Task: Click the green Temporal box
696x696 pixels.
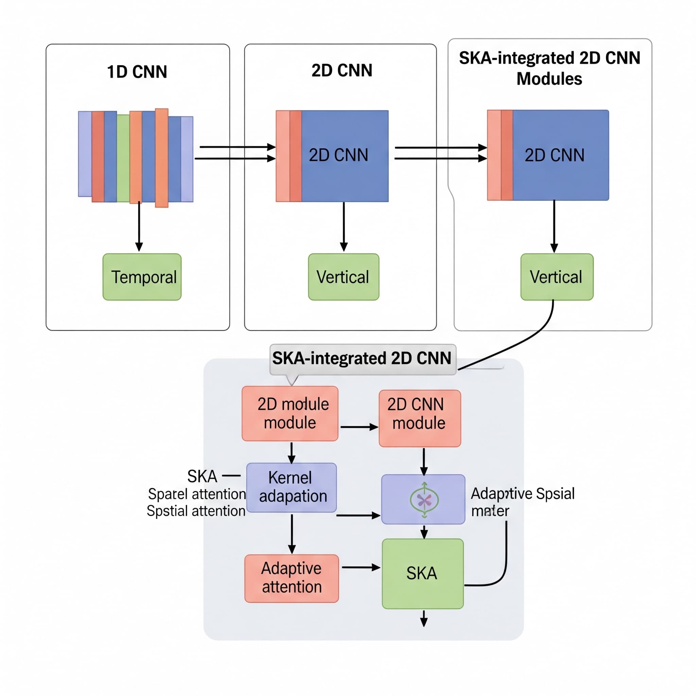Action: [x=142, y=277]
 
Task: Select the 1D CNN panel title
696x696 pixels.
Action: [x=137, y=72]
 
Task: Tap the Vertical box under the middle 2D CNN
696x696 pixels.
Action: [x=343, y=277]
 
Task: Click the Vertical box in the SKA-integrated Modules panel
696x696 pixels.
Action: [x=557, y=277]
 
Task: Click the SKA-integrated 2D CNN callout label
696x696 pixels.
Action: [x=362, y=359]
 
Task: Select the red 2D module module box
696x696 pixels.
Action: [x=290, y=413]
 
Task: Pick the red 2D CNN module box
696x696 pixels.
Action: [x=420, y=418]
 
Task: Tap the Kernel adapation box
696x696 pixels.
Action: [x=292, y=487]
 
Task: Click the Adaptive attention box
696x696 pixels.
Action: [x=292, y=578]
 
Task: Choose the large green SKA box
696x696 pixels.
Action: [x=422, y=573]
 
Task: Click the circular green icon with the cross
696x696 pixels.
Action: [x=424, y=500]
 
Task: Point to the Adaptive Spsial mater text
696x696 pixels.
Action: [x=522, y=502]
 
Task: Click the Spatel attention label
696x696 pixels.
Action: [x=197, y=494]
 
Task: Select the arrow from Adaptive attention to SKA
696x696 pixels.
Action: [x=361, y=568]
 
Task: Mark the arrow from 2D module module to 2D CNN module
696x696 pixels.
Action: [x=359, y=427]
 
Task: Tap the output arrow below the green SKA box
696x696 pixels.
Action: [x=424, y=618]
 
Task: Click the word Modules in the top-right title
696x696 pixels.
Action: [x=549, y=79]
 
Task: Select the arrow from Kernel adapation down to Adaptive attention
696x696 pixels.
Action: [x=292, y=534]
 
